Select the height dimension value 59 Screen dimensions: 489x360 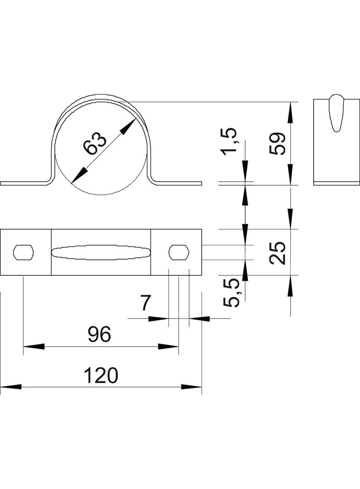click(278, 144)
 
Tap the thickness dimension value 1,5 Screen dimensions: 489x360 click(230, 142)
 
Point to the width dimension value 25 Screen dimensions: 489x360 click(278, 252)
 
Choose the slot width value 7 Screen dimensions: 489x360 click(145, 304)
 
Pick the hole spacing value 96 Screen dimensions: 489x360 click(100, 335)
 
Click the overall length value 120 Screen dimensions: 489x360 click(101, 376)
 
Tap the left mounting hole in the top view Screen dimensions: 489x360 click(24, 252)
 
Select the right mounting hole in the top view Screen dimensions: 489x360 click(179, 252)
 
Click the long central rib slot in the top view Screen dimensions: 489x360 click(101, 252)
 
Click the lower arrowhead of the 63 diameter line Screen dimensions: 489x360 click(79, 175)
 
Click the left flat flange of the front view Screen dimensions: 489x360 click(23, 183)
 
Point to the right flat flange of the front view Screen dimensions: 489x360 click(179, 183)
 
